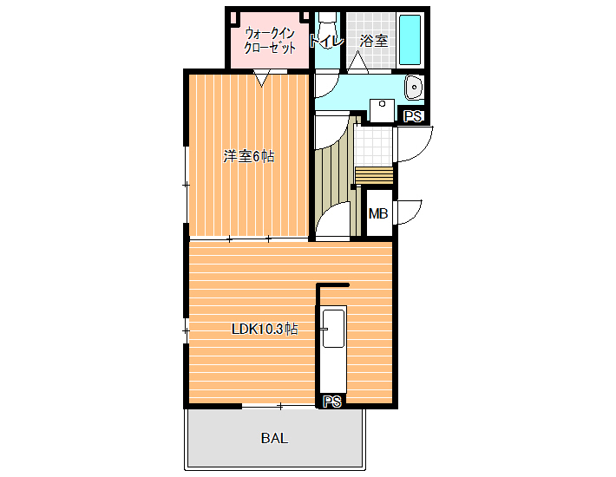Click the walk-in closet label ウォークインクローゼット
coord(270,41)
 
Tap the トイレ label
coord(326,42)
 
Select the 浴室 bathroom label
coord(374,41)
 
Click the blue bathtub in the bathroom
coord(410,40)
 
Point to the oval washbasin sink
coord(413,87)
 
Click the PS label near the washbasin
coord(412,116)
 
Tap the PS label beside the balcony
coord(332,402)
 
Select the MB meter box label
coord(378,213)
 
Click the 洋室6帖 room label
coord(249,157)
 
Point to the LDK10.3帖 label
coord(265,329)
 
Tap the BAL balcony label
coord(275,438)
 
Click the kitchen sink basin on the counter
coord(333,329)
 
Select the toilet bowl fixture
coord(327,28)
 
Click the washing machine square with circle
coord(383,110)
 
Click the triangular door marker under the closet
coord(262,78)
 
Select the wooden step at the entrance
coord(374,175)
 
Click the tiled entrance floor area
coord(373,145)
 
